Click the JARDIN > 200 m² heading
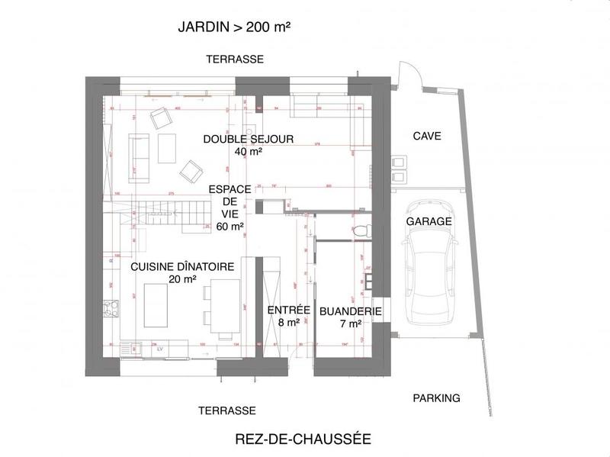(235, 27)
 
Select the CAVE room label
(427, 137)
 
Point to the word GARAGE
(429, 221)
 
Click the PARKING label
(436, 398)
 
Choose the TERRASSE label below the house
(226, 410)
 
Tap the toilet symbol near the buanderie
(361, 230)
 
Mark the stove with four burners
(111, 309)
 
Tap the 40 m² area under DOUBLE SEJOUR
(249, 152)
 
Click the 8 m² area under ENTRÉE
(288, 323)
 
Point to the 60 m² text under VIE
(230, 227)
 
